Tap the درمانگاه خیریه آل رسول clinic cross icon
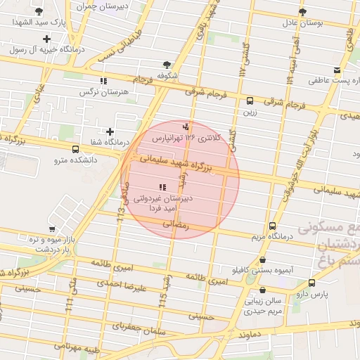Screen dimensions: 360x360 (x=46, y=39)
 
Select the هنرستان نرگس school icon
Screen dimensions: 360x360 (x=103, y=81)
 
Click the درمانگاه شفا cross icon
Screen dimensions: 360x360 (x=110, y=131)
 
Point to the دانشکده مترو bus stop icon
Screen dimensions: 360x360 (x=75, y=148)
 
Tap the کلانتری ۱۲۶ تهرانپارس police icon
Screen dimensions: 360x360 (x=186, y=127)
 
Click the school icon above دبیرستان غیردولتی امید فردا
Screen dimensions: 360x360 (x=162, y=187)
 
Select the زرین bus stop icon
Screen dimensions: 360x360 (x=250, y=100)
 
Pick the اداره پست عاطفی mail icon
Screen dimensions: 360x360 (x=337, y=70)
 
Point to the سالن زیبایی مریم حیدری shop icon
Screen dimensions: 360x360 (x=262, y=290)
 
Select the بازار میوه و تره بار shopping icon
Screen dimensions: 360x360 (x=51, y=229)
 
